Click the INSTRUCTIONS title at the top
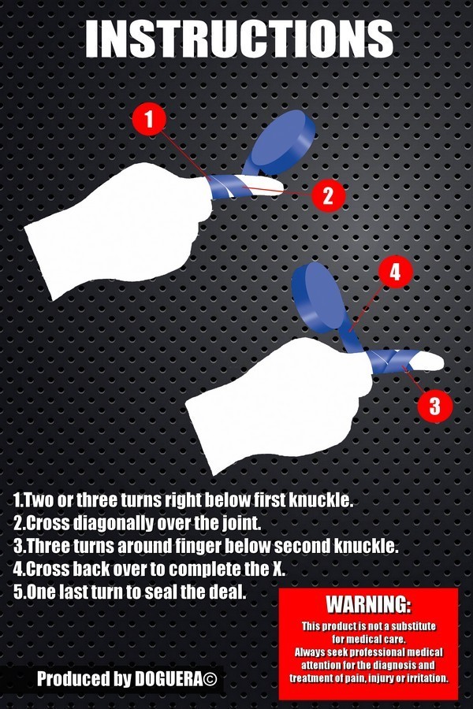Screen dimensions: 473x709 pos(239,39)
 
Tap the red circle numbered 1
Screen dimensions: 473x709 pos(149,119)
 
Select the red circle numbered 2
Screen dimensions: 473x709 pos(328,196)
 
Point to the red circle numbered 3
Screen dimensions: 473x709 pos(434,405)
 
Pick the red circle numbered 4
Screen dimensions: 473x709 pos(395,273)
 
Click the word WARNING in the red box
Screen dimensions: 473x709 pos(368,604)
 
